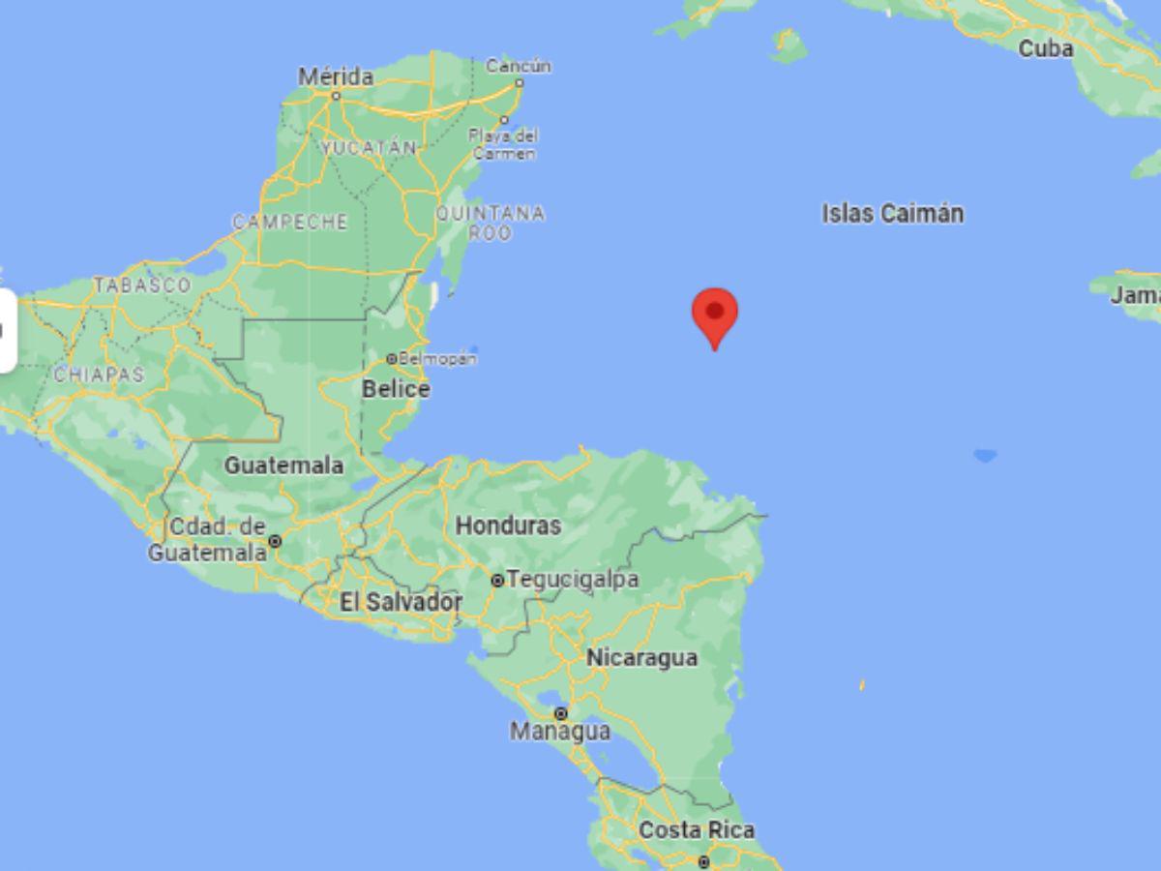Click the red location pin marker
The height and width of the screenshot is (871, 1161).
715,315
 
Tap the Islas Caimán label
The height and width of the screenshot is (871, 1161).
892,214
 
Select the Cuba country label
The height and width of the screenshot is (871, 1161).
1046,47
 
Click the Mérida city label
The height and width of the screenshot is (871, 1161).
336,76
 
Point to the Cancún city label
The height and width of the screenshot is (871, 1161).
519,67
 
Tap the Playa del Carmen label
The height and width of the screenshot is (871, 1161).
503,144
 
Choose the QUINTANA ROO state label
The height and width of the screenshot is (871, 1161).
490,223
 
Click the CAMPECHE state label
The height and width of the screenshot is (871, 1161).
289,223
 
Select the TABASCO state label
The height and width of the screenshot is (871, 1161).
142,285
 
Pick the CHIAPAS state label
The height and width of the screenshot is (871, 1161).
99,375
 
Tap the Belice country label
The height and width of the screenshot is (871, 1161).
396,389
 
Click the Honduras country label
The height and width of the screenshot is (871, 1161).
508,526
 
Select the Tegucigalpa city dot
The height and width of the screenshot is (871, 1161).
497,581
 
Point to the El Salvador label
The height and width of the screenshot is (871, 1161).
401,602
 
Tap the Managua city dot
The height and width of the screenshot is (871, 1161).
560,713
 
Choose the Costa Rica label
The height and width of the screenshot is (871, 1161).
697,830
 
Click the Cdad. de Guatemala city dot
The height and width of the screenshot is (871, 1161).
275,541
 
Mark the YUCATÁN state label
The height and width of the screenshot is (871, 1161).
369,148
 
